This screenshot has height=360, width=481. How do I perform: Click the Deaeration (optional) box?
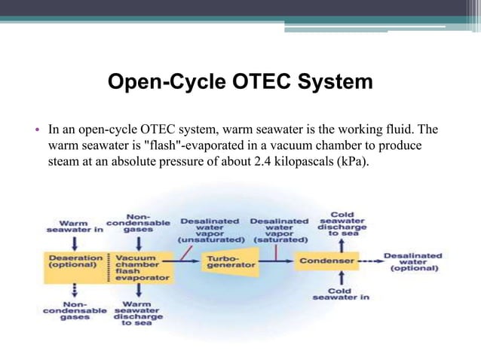(x=75, y=262)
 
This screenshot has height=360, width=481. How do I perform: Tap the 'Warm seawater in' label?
(x=74, y=227)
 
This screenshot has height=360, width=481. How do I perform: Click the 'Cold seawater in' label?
(x=342, y=294)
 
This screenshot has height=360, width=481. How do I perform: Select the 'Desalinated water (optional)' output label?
(x=413, y=262)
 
